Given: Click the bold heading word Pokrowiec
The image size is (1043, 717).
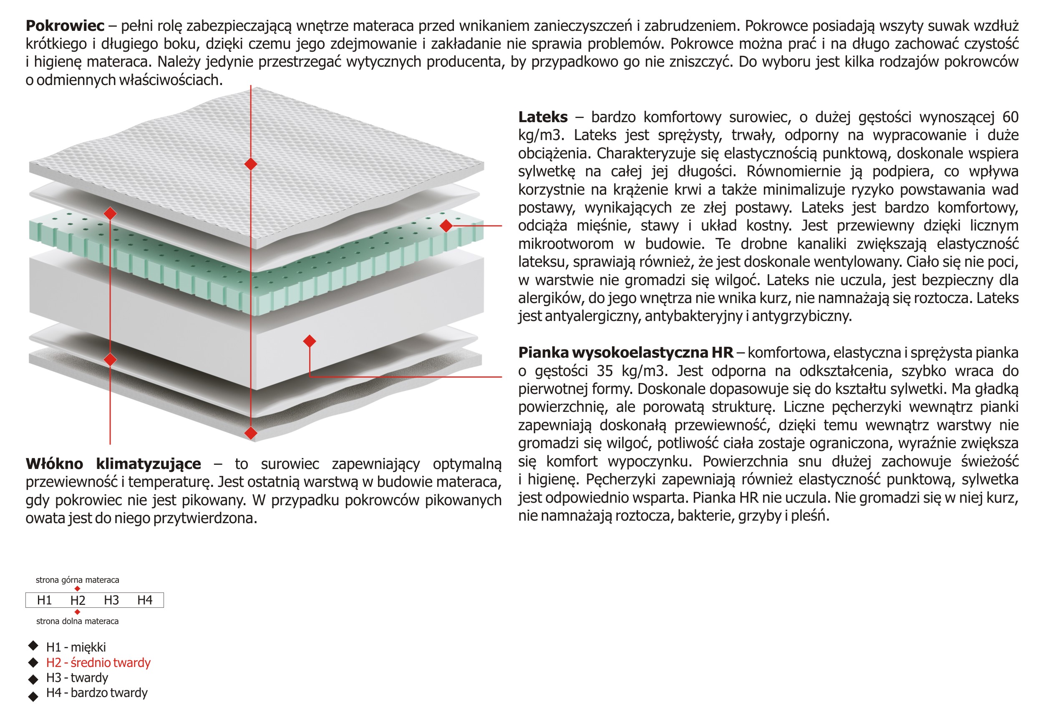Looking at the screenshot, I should (65, 25).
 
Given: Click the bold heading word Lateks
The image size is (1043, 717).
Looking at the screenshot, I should (543, 117).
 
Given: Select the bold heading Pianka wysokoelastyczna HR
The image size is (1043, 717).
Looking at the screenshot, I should (625, 353).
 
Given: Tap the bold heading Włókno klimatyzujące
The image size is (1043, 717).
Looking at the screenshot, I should (113, 464).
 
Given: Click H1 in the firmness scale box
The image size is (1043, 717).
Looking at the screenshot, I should (44, 600).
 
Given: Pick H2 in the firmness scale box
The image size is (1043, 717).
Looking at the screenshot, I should (77, 600).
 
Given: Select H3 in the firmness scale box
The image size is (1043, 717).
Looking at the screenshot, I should (111, 600).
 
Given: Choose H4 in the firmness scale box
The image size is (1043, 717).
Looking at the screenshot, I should (145, 600).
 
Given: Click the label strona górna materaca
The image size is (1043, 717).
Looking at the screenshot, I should (77, 580).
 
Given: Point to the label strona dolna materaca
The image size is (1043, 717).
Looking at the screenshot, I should (77, 621).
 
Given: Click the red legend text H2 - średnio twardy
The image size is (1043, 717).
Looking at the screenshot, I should (98, 663).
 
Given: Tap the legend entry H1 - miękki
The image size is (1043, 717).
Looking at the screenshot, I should (76, 647).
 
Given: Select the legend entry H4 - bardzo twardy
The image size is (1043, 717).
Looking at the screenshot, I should (97, 693).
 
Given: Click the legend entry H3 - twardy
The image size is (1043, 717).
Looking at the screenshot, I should (77, 677).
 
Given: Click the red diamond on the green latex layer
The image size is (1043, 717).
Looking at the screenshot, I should (446, 226).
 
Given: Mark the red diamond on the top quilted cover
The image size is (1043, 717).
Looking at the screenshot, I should (251, 164).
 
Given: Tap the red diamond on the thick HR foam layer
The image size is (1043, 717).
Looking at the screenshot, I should (309, 341).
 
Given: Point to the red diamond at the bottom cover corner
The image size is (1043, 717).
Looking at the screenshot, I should (251, 433).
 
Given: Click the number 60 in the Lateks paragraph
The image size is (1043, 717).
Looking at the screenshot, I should (1010, 117).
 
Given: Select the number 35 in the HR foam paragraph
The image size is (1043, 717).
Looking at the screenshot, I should (605, 371).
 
